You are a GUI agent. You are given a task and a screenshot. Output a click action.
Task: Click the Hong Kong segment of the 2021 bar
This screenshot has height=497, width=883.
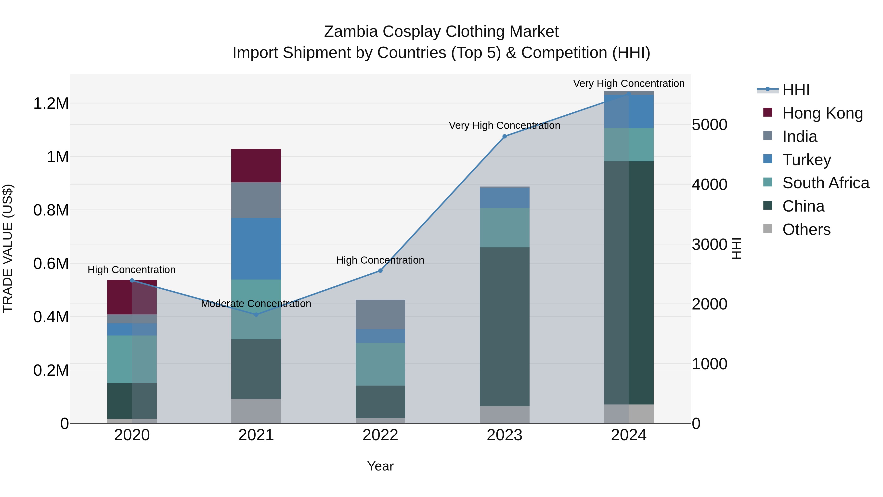(x=256, y=165)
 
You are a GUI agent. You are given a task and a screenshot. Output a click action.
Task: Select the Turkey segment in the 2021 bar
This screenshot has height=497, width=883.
(x=256, y=248)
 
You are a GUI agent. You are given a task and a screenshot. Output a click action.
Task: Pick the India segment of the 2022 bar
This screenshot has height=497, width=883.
(x=380, y=314)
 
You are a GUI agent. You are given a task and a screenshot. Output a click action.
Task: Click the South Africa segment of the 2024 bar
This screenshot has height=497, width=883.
(x=629, y=144)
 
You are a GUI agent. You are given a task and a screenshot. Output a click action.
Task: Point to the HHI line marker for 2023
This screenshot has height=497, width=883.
(x=504, y=136)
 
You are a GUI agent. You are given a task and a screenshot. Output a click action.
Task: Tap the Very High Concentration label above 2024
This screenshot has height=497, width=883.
(x=629, y=83)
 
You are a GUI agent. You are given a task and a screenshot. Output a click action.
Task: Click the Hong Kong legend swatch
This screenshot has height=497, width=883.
(x=767, y=112)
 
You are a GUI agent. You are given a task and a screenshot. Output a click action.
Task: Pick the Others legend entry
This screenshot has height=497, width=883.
(x=806, y=229)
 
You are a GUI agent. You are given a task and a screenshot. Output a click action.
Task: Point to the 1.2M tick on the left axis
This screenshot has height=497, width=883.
(x=51, y=103)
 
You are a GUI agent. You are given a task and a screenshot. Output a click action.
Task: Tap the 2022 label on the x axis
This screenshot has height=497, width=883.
(x=380, y=435)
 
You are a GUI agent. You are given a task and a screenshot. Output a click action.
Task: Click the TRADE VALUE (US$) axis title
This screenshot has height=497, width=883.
(x=8, y=248)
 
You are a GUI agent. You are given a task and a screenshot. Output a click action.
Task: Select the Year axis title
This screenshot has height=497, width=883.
(x=380, y=466)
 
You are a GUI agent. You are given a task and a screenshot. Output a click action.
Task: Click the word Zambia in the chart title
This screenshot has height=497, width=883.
(x=351, y=32)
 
